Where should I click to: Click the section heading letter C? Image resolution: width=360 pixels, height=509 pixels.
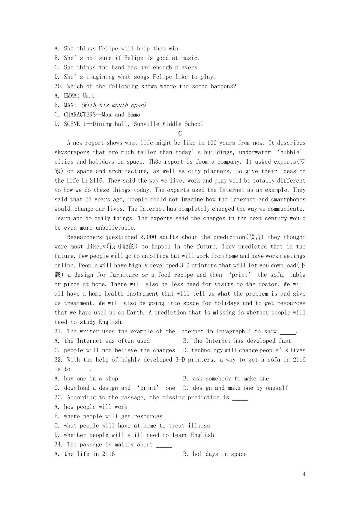180,133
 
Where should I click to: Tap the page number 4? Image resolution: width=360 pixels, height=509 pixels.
304,474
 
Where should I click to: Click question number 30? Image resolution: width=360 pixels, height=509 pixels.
58,86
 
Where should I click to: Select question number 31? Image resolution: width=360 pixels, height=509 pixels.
58,331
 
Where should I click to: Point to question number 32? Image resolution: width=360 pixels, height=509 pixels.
58,359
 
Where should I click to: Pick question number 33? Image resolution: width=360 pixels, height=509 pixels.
58,397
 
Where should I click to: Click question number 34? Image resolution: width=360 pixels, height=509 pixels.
58,444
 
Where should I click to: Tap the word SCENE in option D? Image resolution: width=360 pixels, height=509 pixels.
72,124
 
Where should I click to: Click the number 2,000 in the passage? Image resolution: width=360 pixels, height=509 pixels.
148,237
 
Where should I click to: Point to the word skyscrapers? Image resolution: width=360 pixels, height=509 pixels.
72,152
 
